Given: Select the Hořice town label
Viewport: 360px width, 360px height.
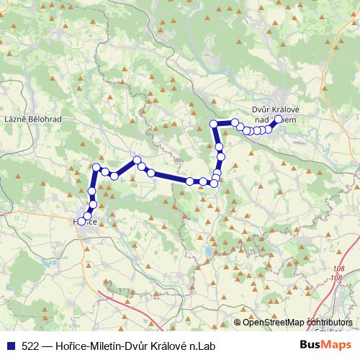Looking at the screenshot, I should (x=87, y=222).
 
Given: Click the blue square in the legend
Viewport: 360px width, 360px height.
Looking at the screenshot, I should (x=9, y=346).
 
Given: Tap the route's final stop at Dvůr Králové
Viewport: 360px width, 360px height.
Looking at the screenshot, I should (x=279, y=120).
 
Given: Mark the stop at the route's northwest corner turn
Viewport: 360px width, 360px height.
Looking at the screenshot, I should (x=213, y=125).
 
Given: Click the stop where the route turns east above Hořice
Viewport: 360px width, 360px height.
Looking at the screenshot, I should (x=96, y=168).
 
